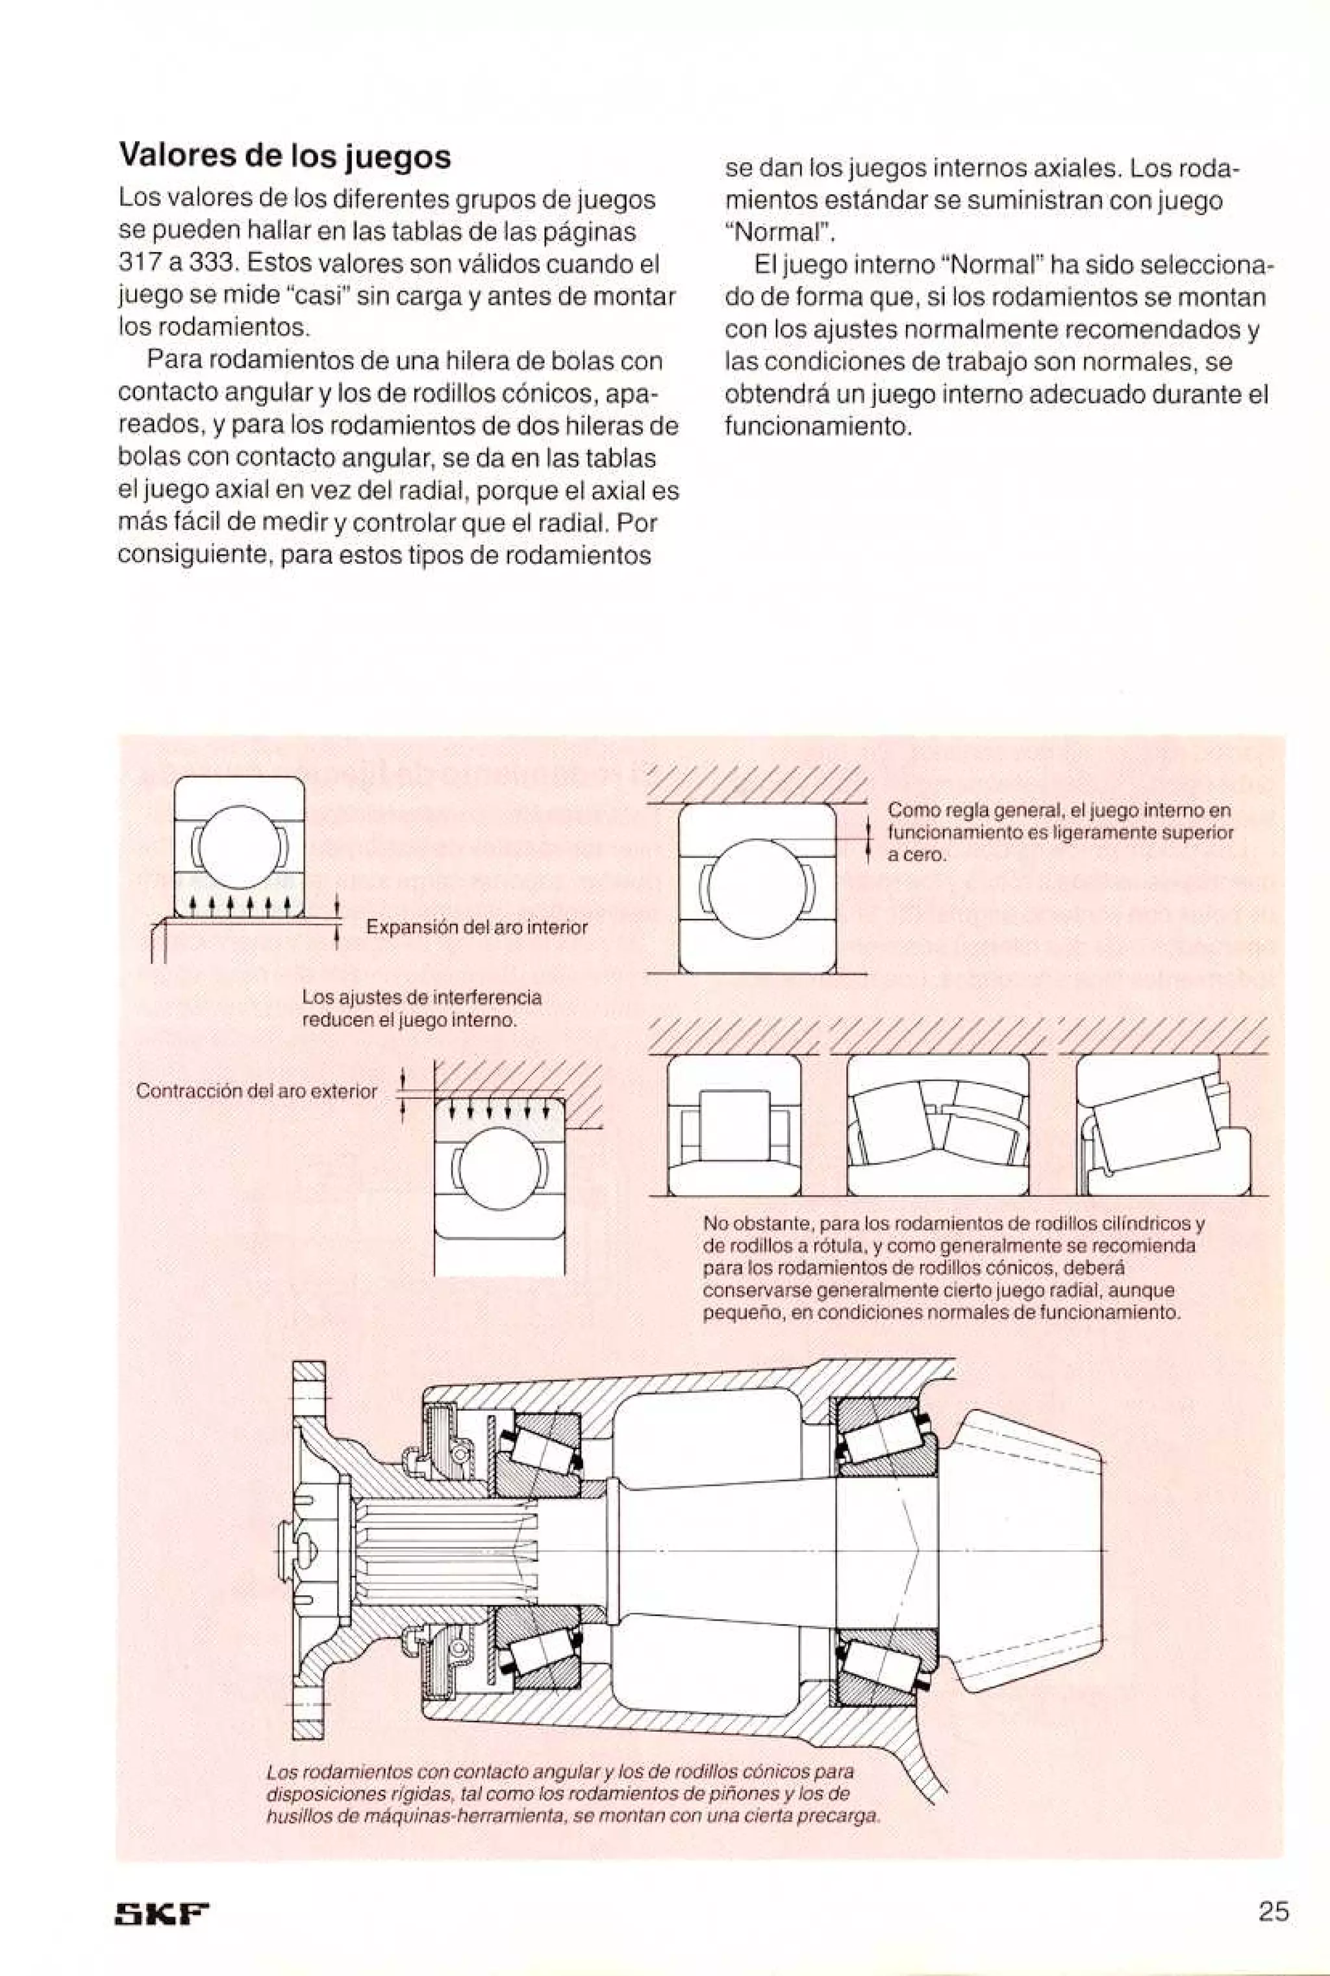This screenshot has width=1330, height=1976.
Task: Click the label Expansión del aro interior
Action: pyautogui.click(x=476, y=928)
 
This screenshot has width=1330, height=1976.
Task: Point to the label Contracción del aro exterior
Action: pyautogui.click(x=256, y=1091)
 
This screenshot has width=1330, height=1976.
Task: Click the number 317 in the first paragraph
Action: pyautogui.click(x=135, y=264)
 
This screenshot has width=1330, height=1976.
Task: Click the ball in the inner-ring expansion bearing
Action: pyautogui.click(x=239, y=846)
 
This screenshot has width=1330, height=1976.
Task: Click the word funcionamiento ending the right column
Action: pyautogui.click(x=815, y=426)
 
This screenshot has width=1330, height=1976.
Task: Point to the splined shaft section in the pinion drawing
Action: pyautogui.click(x=441, y=1549)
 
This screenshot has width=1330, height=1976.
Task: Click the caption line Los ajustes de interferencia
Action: pyautogui.click(x=421, y=997)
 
